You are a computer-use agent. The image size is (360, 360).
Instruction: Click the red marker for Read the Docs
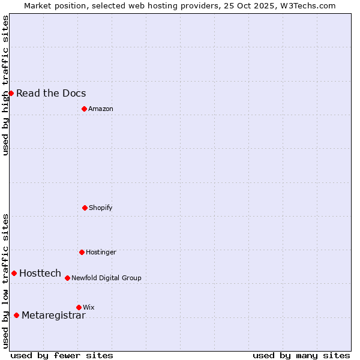[x=11, y=93]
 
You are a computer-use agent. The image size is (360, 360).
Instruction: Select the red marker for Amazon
[x=84, y=109]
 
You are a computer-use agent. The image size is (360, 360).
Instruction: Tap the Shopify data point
[x=85, y=208]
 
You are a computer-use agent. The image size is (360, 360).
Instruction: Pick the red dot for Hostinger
[x=82, y=252]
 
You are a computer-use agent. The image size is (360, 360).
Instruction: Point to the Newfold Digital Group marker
[x=67, y=278]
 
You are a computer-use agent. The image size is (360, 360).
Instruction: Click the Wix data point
[x=79, y=307]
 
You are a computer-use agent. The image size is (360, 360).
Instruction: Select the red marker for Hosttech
[x=14, y=273]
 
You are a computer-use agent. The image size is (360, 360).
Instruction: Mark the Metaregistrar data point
[x=16, y=315]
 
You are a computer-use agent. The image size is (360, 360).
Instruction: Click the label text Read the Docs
[x=51, y=93]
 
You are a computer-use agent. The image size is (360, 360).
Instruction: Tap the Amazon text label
[x=101, y=109]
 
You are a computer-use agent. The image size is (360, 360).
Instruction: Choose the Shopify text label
[x=101, y=208]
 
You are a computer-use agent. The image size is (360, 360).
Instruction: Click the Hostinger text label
[x=101, y=252]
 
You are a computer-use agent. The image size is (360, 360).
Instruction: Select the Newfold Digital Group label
[x=106, y=278]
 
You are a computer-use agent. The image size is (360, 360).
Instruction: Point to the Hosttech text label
[x=40, y=273]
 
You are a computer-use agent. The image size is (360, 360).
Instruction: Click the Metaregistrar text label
[x=53, y=316]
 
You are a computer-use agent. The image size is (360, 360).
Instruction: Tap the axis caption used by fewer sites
[x=62, y=355]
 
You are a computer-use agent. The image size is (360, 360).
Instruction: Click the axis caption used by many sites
[x=301, y=355]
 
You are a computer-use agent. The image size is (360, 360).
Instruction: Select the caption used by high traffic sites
[x=6, y=85]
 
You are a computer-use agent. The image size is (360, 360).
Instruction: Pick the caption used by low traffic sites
[x=6, y=281]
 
